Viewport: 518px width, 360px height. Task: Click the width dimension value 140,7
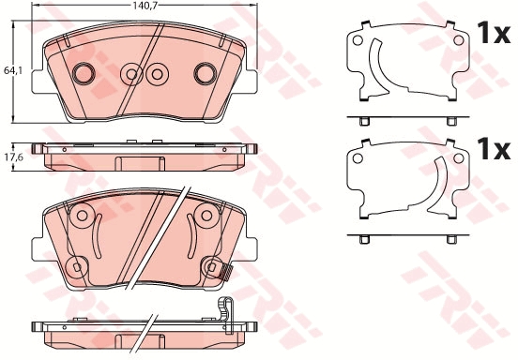click(x=143, y=7)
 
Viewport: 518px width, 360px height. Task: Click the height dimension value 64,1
click(x=12, y=69)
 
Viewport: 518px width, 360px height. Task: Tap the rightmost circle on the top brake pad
click(x=204, y=73)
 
